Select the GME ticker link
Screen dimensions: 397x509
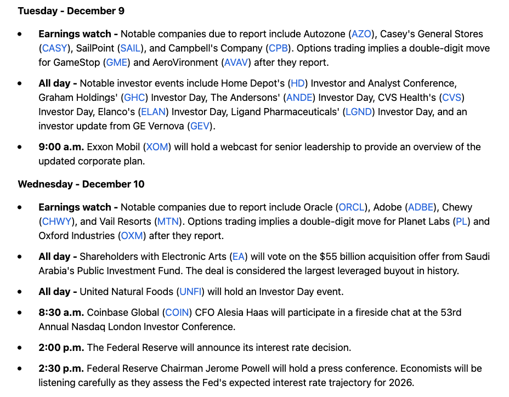point(117,63)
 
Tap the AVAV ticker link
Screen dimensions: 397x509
point(236,63)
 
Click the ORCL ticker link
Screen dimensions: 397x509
point(351,207)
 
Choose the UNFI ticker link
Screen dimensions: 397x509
point(191,292)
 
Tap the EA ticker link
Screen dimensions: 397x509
point(239,257)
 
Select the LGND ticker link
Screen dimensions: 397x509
point(359,112)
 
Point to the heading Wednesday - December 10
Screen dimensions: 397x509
point(81,184)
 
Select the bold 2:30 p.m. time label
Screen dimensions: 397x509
point(61,368)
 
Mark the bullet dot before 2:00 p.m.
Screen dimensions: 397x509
point(20,348)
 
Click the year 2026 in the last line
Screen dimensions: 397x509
point(401,383)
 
